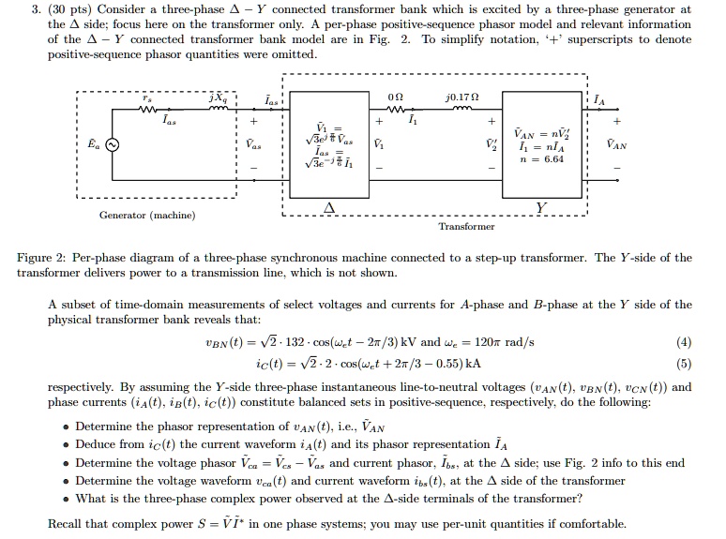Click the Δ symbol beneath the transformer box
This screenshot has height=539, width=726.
click(x=328, y=207)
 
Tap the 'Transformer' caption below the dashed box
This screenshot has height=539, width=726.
click(x=466, y=227)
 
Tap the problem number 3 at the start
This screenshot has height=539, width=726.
click(x=25, y=8)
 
